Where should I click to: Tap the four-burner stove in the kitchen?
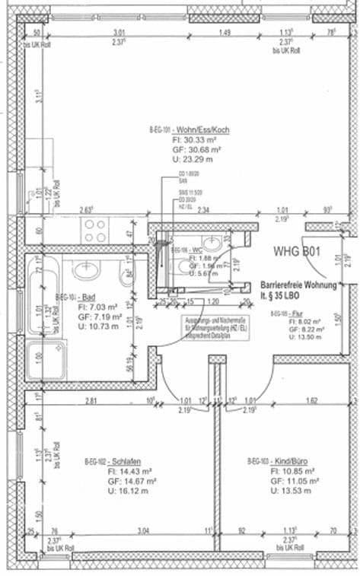point(97,230)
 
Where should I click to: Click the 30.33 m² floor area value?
point(195,140)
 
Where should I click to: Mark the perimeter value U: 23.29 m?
point(192,160)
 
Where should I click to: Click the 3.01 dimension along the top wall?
point(119,32)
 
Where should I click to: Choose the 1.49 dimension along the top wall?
point(225,32)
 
